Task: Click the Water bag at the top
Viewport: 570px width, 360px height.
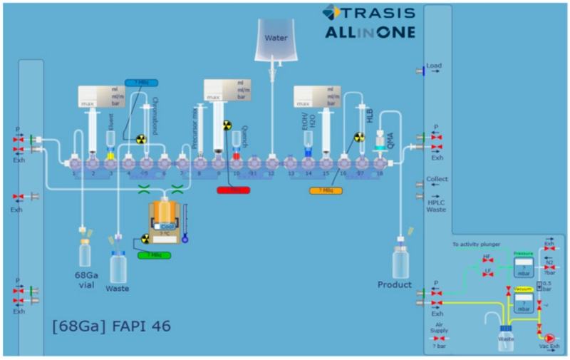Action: pos(276,40)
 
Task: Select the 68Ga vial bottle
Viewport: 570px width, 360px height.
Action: pos(85,252)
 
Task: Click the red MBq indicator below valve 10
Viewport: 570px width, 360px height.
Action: pos(234,190)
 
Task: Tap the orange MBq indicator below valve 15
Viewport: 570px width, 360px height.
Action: pos(326,190)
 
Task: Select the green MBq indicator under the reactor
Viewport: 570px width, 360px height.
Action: pos(154,254)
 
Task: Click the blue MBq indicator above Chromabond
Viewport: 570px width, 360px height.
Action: pos(141,83)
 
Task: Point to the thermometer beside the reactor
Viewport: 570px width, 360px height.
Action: pos(185,222)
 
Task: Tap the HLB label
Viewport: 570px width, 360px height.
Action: pos(370,115)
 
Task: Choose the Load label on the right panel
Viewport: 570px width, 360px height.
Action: pos(434,66)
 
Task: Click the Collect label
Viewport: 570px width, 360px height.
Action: pos(437,179)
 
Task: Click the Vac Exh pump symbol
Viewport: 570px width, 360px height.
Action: pos(549,337)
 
